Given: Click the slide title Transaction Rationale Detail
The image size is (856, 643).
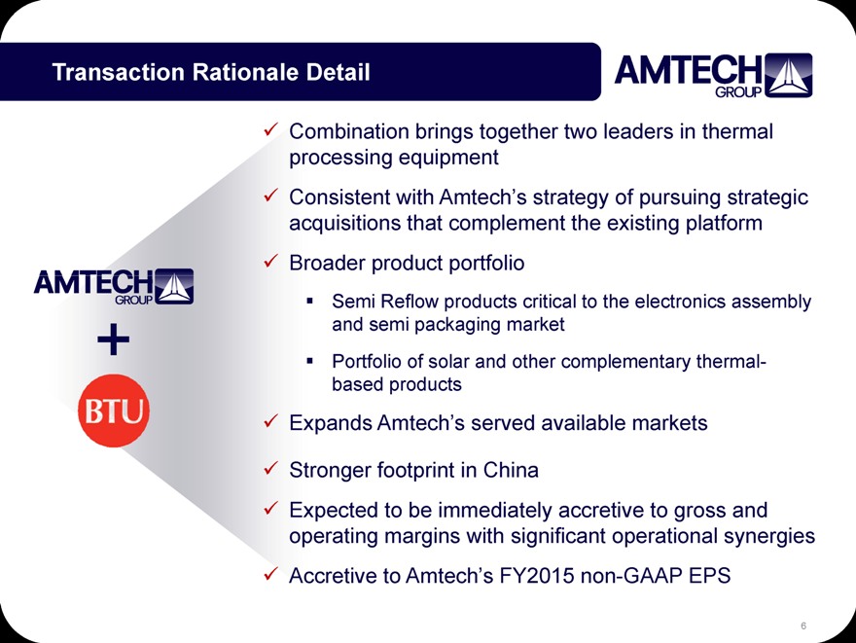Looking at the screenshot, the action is click(x=211, y=72).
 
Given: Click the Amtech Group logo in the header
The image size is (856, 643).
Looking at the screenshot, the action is click(x=714, y=75).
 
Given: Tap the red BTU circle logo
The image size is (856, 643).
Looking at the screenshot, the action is click(x=114, y=411).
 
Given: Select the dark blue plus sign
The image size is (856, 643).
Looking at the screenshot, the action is click(x=114, y=339).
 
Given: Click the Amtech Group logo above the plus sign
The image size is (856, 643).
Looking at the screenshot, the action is click(x=114, y=286).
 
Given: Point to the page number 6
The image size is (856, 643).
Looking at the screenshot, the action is click(x=803, y=625).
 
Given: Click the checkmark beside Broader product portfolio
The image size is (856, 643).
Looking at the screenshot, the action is click(x=270, y=261).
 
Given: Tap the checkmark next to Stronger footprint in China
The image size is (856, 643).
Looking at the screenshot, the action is click(x=270, y=468).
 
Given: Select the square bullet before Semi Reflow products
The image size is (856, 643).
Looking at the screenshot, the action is click(x=310, y=301).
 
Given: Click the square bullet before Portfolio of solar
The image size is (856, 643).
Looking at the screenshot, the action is click(x=310, y=361).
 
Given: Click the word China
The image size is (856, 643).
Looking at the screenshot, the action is click(x=511, y=470).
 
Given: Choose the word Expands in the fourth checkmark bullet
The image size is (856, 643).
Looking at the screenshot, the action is click(x=331, y=423).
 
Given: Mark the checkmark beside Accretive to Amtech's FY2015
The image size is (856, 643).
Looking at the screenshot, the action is click(x=270, y=574).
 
